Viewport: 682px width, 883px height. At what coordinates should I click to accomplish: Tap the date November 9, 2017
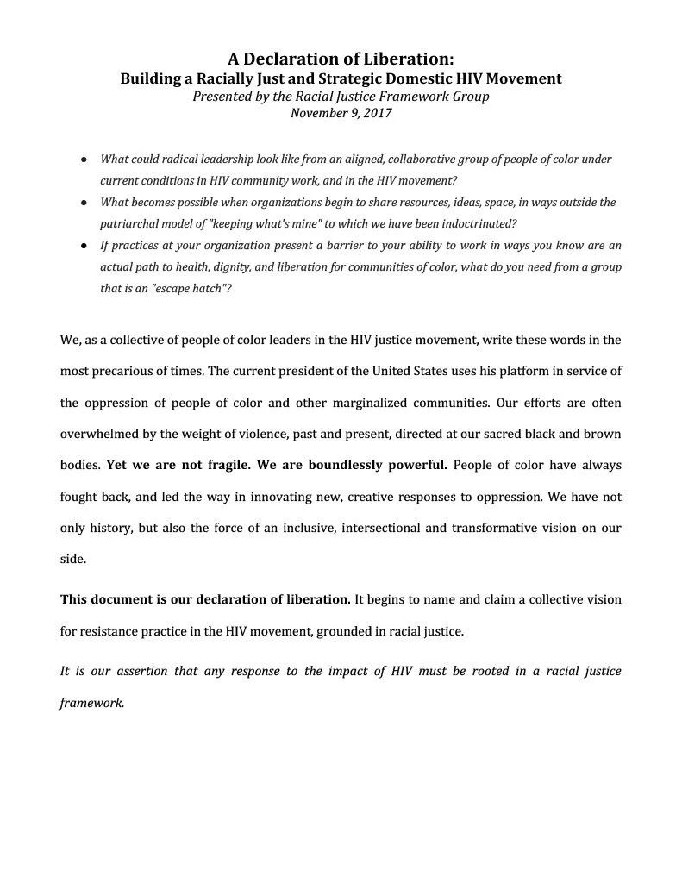click(341, 113)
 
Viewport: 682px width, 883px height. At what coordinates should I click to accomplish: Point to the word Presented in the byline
click(222, 97)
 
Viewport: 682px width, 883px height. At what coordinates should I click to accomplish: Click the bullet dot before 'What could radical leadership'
click(83, 160)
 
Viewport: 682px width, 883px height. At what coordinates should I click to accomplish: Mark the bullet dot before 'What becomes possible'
click(83, 203)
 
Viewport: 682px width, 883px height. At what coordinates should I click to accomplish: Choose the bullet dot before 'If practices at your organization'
click(83, 246)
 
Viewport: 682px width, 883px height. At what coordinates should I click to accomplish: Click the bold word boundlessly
click(339, 465)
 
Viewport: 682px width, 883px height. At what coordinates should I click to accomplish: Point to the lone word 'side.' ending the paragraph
click(72, 559)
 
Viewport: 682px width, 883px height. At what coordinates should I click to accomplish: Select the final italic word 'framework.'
click(92, 702)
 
